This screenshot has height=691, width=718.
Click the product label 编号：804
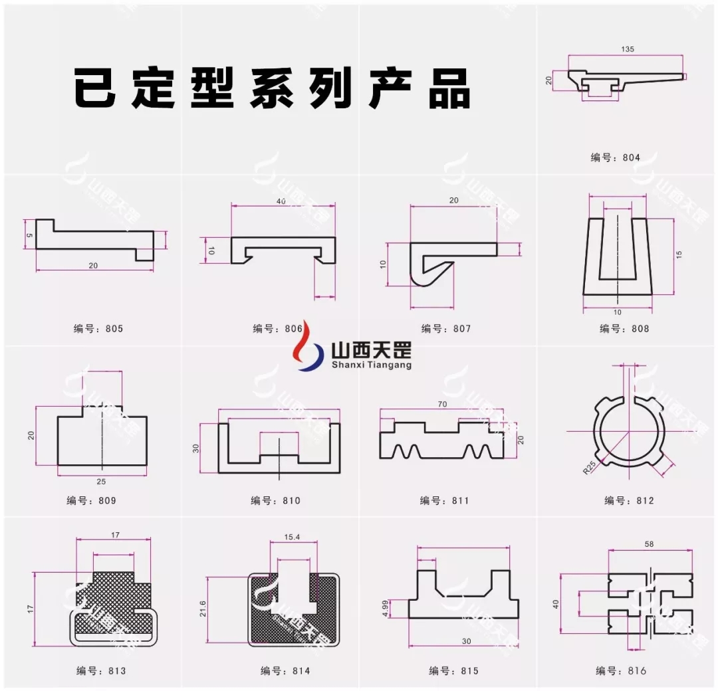pos(615,157)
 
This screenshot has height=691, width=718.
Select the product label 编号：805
pos(98,328)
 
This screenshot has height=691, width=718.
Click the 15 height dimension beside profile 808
pos(679,254)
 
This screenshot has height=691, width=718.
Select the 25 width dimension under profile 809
pos(102,480)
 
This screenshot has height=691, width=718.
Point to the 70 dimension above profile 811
pos(441,404)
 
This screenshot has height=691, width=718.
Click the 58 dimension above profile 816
pos(650,544)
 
